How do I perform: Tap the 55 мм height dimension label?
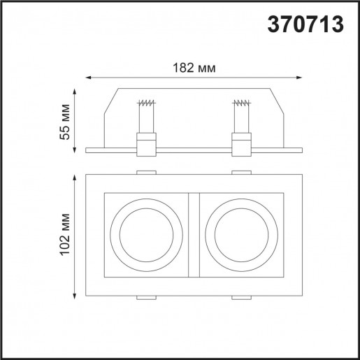pos(65,122)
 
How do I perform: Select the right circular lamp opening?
pos(241,234)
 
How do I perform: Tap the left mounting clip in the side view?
pos(147,145)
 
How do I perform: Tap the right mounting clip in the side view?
pos(241,145)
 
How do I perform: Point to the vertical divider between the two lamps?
pos(194,234)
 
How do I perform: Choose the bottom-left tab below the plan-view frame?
pos(147,298)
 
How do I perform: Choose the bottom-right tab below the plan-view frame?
pos(241,298)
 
